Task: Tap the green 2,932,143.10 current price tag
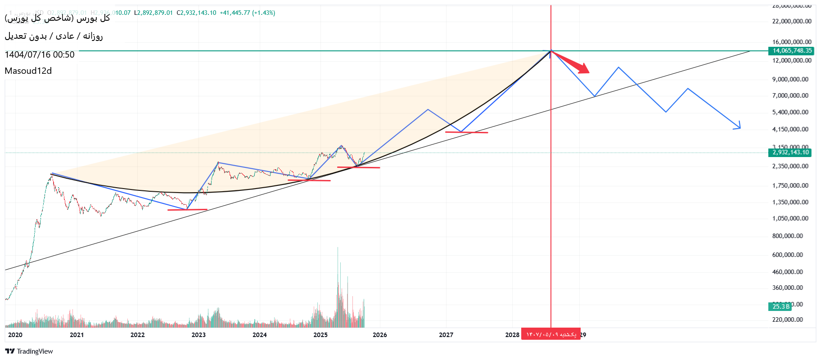pyautogui.click(x=790, y=153)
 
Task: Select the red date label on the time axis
pyautogui.click(x=550, y=334)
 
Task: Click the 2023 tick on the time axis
pyautogui.click(x=198, y=335)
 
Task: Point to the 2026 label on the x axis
pyautogui.click(x=380, y=335)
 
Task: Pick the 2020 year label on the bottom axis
pyautogui.click(x=15, y=335)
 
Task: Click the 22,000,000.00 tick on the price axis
pyautogui.click(x=792, y=21)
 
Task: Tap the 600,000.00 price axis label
pyautogui.click(x=787, y=255)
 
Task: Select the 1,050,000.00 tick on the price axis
pyautogui.click(x=790, y=218)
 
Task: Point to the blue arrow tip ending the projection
pyautogui.click(x=739, y=128)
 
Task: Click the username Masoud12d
pyautogui.click(x=28, y=71)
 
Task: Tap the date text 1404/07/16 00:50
pyautogui.click(x=40, y=54)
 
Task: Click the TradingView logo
pyautogui.click(x=29, y=351)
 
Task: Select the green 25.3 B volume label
pyautogui.click(x=780, y=306)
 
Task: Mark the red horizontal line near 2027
pyautogui.click(x=466, y=132)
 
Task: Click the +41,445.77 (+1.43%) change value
pyautogui.click(x=247, y=13)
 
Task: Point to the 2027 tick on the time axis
pyautogui.click(x=446, y=335)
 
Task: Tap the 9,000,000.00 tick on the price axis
pyautogui.click(x=790, y=79)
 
